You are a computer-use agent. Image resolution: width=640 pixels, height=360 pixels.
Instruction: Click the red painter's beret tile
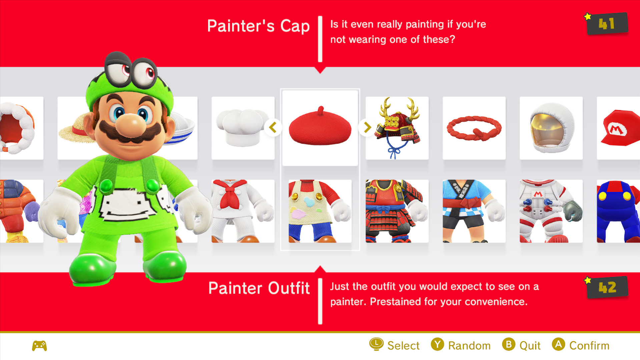click(x=320, y=128)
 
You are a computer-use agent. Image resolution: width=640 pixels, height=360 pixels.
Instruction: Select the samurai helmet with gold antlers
click(x=397, y=128)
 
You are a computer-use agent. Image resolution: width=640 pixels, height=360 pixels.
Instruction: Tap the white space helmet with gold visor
click(x=551, y=128)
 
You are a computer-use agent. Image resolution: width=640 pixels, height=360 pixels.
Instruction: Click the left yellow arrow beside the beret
click(x=273, y=127)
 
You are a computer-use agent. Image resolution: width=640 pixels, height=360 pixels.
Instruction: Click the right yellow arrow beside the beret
click(x=367, y=127)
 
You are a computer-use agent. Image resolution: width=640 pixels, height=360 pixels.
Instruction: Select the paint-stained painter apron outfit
click(x=320, y=211)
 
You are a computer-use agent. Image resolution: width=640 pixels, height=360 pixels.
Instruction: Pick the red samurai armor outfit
click(x=397, y=211)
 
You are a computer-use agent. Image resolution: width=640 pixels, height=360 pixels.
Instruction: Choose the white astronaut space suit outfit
click(x=551, y=211)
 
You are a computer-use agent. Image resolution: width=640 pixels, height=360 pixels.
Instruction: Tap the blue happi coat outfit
click(x=474, y=211)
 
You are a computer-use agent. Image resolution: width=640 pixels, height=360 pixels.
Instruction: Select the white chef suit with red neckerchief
click(x=243, y=211)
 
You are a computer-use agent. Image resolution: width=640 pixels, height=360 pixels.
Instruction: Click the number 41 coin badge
click(x=607, y=24)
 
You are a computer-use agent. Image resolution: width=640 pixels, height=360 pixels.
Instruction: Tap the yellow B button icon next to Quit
click(x=509, y=345)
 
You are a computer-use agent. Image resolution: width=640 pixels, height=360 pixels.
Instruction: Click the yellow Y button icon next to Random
click(x=437, y=345)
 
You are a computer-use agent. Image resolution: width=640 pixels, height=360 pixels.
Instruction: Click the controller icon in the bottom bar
click(x=39, y=346)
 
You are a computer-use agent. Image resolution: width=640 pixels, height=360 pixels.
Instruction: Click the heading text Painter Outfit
click(x=259, y=288)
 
